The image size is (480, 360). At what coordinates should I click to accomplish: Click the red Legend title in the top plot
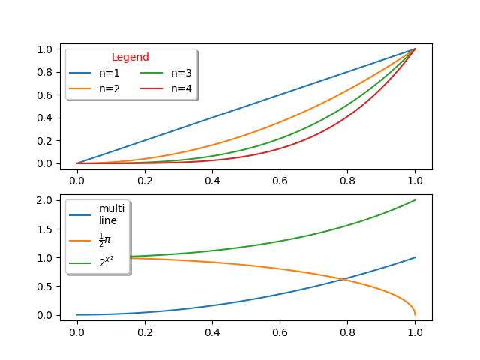pos(130,57)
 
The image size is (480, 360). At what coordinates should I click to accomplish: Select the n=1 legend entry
pos(109,73)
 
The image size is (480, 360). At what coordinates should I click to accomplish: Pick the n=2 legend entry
pos(109,88)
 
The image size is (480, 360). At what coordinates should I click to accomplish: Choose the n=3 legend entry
pos(181,73)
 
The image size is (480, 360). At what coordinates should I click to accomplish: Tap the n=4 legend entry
pos(181,88)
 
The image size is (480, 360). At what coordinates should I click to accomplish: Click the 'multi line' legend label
pos(112,214)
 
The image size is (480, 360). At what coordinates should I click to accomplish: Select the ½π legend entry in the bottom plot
pos(105,240)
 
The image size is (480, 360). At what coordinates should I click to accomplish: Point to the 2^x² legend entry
pos(106,262)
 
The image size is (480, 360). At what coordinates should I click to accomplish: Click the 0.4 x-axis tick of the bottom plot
pos(212,330)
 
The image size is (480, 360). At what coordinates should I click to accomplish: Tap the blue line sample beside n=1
pos(80,73)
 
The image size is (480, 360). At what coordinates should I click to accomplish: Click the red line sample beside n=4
pos(152,88)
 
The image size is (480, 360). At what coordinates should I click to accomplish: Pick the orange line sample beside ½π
pos(80,240)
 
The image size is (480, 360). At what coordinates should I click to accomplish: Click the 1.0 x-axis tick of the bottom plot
pos(415,330)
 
